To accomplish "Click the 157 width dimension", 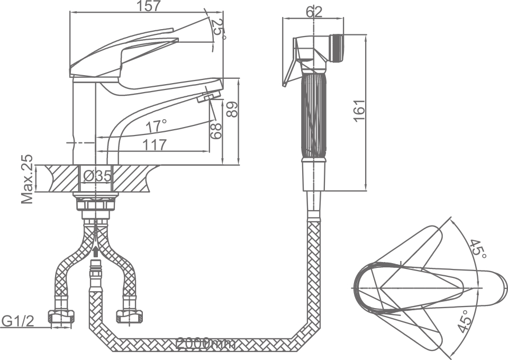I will point(149,6).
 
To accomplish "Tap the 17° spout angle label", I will point(157,126).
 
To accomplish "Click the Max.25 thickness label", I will point(27,179).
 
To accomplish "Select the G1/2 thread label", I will point(18,321).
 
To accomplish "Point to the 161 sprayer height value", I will point(359,111).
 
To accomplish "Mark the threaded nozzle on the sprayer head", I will point(337,47).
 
